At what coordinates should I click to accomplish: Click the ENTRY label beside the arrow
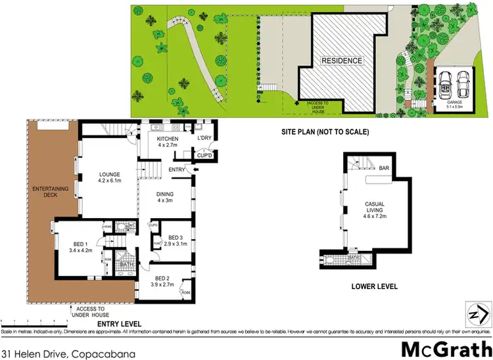point(177,169)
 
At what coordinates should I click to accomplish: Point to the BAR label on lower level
point(383,168)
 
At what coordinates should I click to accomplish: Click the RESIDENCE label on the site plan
point(342,61)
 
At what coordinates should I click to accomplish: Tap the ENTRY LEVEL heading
point(121,323)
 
